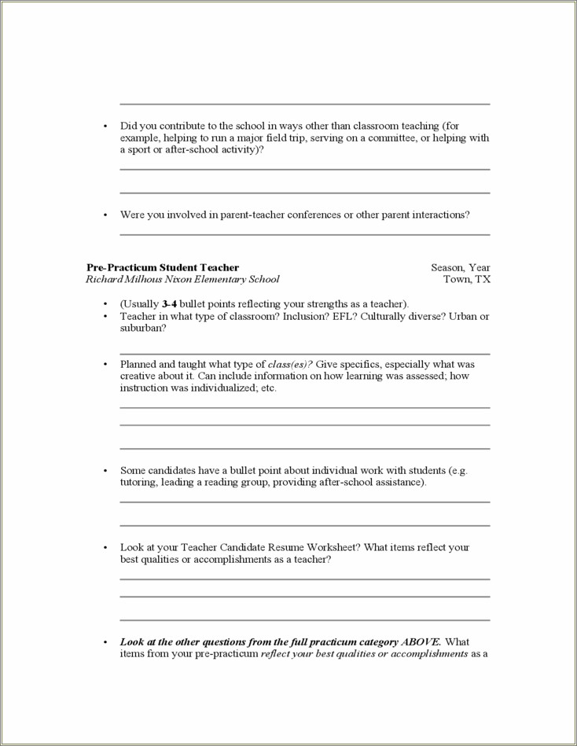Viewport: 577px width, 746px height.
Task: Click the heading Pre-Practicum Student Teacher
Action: pos(163,267)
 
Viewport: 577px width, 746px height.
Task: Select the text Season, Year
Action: pos(460,267)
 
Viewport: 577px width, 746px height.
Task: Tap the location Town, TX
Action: pos(467,279)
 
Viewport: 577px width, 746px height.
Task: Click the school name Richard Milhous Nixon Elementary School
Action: pos(182,279)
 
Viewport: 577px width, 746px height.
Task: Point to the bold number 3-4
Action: pos(169,304)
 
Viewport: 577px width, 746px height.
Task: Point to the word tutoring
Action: pos(138,483)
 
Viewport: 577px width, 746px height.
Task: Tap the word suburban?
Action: pos(142,328)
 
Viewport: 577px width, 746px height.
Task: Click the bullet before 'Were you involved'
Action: pos(105,215)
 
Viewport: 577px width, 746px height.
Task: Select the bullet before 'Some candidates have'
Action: pos(105,470)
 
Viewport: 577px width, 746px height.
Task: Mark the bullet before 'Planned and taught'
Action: pos(105,365)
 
